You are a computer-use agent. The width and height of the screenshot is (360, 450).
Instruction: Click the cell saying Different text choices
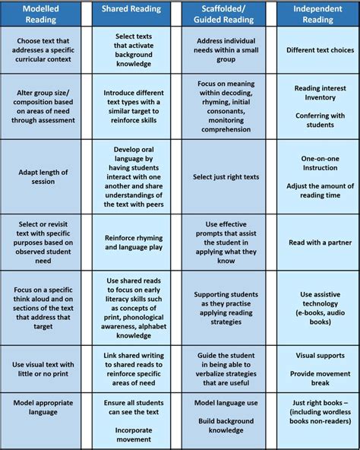pos(316,50)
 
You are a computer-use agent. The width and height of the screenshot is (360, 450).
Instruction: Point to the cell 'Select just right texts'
pos(225,176)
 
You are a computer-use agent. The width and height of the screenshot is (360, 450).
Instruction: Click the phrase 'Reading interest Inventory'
pos(316,93)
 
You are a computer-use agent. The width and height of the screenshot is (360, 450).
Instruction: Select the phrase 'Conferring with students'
pos(316,120)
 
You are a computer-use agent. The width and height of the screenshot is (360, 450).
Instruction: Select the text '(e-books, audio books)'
pos(316,316)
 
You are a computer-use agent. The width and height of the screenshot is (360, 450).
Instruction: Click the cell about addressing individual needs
pos(225,50)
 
